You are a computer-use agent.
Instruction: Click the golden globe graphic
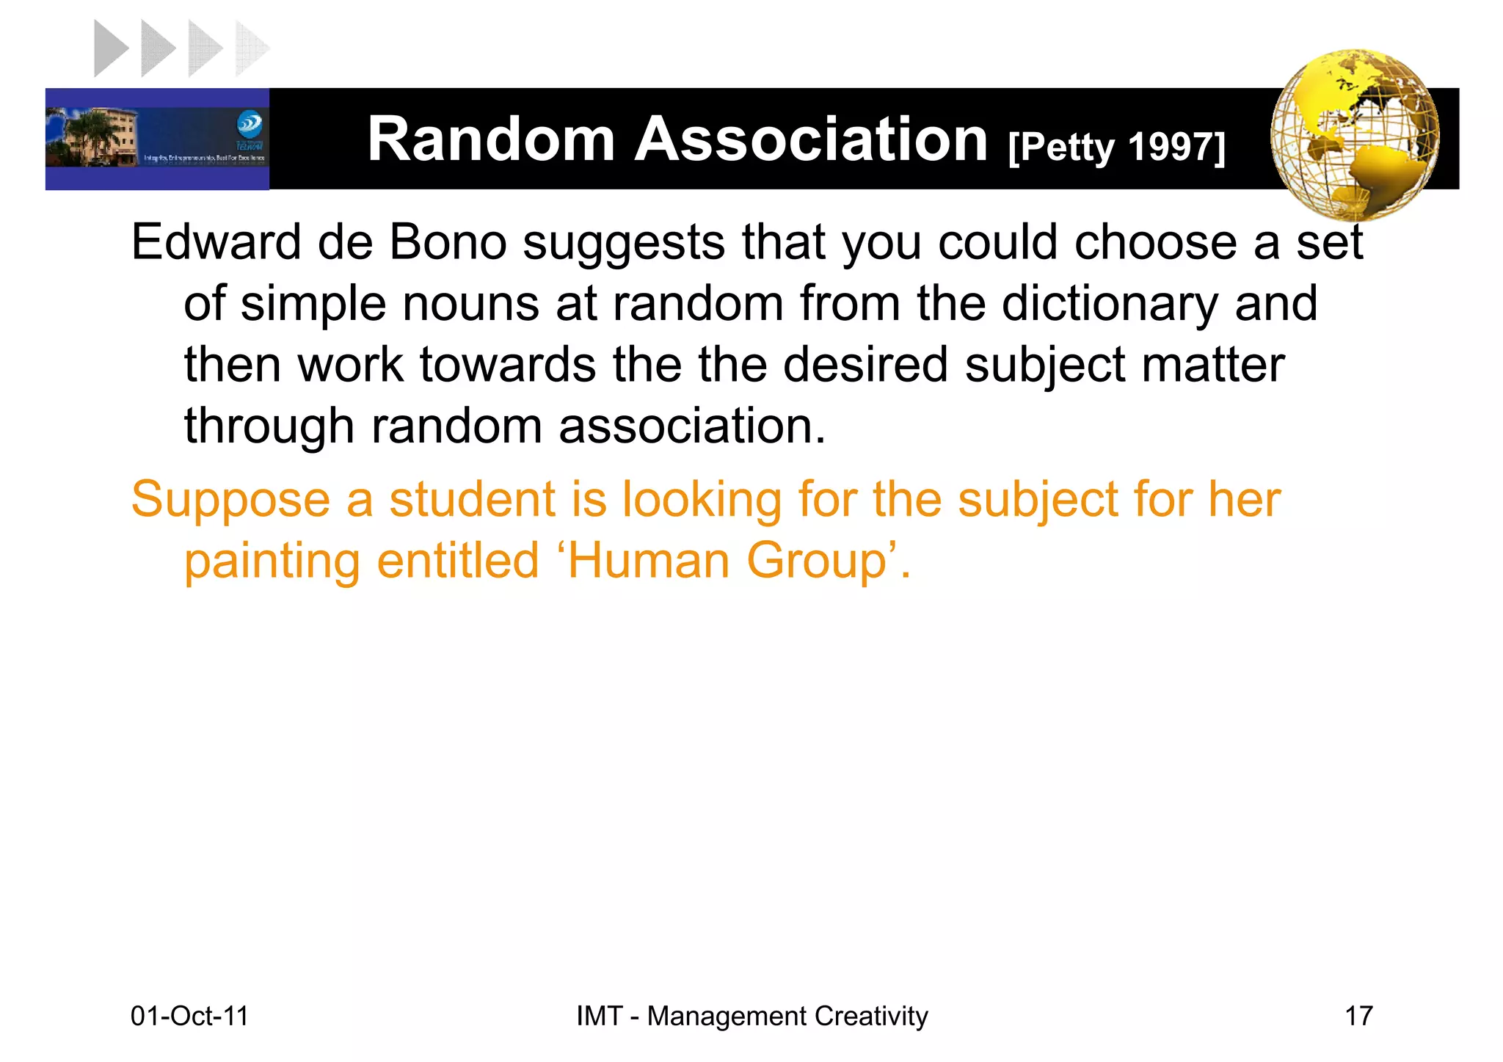coord(1354,136)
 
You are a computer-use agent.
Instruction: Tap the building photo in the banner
coord(92,137)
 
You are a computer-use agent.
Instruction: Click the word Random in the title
coord(491,139)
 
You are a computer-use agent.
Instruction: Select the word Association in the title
coord(811,139)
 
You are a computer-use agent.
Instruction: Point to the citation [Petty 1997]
coord(1116,148)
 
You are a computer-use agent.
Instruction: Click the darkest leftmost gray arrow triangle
coord(110,49)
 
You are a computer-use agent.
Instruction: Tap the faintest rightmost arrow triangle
coord(251,49)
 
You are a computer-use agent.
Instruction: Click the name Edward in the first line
coord(216,242)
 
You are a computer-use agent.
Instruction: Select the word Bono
coord(448,242)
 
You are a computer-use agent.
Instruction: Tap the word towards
coord(507,365)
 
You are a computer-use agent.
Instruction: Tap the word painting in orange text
coord(272,562)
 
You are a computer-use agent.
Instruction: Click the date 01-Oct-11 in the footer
coord(189,1016)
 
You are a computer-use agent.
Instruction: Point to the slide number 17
coord(1358,1016)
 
